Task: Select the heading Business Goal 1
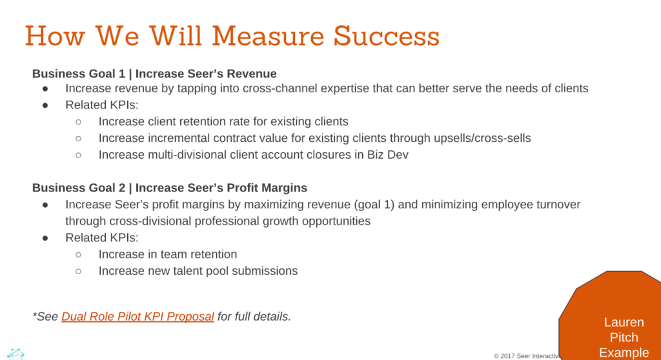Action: pos(79,74)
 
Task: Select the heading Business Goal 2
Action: pos(79,188)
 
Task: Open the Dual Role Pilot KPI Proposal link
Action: pos(137,317)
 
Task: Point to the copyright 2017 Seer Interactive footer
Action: pos(525,355)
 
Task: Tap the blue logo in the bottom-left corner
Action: pos(15,354)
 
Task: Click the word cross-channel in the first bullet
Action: pos(280,88)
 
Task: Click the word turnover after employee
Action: pos(557,205)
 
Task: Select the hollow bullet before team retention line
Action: pos(78,255)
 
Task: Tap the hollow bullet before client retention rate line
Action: pos(78,121)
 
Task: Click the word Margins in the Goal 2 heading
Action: pos(284,188)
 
